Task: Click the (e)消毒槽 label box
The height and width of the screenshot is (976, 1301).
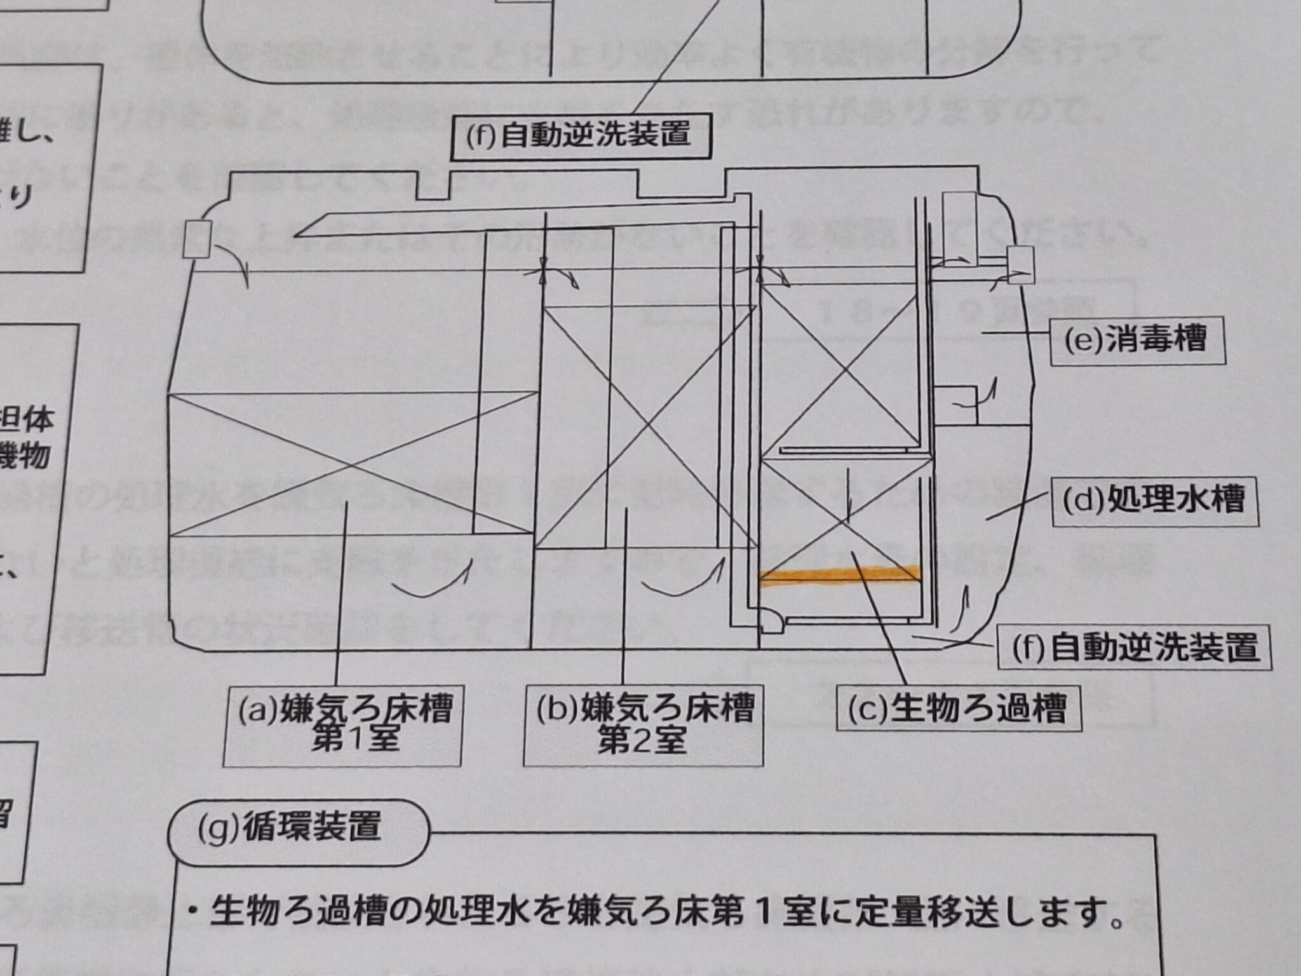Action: click(1137, 341)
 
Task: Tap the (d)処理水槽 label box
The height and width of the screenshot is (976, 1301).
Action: click(1155, 501)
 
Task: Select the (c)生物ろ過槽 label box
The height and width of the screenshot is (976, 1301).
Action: click(959, 707)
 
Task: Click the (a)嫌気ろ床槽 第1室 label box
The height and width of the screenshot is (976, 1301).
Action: click(343, 725)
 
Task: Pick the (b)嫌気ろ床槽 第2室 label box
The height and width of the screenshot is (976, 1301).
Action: click(643, 725)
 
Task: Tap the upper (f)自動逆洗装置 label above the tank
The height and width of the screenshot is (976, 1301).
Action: click(578, 136)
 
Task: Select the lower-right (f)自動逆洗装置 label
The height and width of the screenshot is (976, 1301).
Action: click(1135, 648)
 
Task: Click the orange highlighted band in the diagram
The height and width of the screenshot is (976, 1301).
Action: click(840, 574)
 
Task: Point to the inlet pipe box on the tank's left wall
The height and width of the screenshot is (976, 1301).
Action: click(197, 238)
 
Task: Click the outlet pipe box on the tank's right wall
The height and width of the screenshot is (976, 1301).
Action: click(1021, 264)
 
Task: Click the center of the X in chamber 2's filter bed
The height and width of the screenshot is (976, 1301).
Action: click(646, 426)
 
